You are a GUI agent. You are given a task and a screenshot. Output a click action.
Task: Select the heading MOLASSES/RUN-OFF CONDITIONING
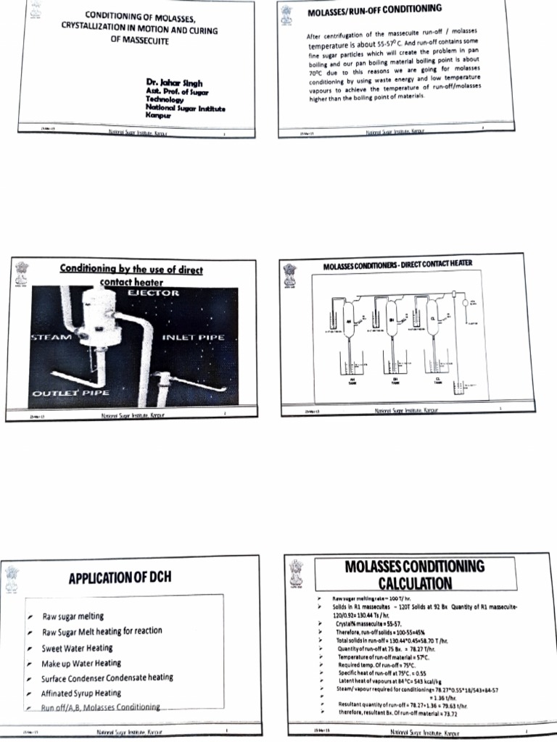[x=374, y=10]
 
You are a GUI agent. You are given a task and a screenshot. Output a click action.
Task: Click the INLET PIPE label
[x=192, y=337]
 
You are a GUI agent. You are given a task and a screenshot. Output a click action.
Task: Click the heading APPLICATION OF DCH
[x=120, y=578]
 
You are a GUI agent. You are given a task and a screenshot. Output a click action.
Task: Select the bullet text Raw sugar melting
[x=73, y=617]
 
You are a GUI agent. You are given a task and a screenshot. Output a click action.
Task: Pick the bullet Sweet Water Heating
[x=77, y=648]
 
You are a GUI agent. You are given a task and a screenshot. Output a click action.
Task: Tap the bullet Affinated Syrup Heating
[x=81, y=693]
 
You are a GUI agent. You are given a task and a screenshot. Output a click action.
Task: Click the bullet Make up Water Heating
[x=81, y=663]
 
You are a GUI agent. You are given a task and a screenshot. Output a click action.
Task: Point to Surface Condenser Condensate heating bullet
[x=107, y=678]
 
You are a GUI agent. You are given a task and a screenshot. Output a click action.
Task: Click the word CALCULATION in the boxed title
[x=415, y=583]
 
